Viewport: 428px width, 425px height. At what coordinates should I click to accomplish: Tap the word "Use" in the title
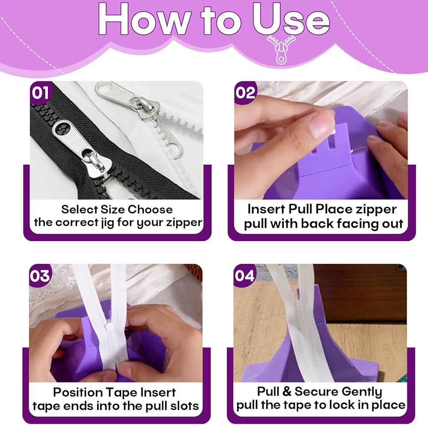291,19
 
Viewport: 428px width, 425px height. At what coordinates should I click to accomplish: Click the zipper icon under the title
281,49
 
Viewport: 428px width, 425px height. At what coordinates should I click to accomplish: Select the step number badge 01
40,93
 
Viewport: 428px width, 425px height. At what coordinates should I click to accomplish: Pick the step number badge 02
245,93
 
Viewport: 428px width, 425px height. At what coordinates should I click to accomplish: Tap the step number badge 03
40,276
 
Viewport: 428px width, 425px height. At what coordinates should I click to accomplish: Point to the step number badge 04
244,276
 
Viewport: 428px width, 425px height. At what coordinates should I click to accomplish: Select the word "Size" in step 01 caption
113,209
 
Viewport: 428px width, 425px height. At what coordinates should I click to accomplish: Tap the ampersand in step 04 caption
287,392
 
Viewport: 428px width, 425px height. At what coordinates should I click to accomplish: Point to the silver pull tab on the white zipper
116,93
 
